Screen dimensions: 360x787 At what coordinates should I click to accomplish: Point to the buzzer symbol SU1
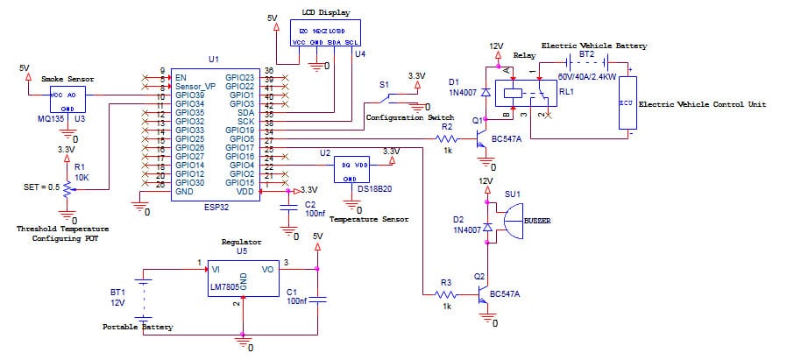509,222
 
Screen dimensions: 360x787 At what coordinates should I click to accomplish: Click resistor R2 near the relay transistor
448,138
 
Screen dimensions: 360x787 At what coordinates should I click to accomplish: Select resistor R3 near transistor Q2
447,295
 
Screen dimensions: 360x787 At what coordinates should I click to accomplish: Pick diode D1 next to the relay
486,91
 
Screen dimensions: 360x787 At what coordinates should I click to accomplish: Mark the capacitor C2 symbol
287,207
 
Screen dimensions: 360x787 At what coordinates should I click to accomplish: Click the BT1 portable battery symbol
145,298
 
